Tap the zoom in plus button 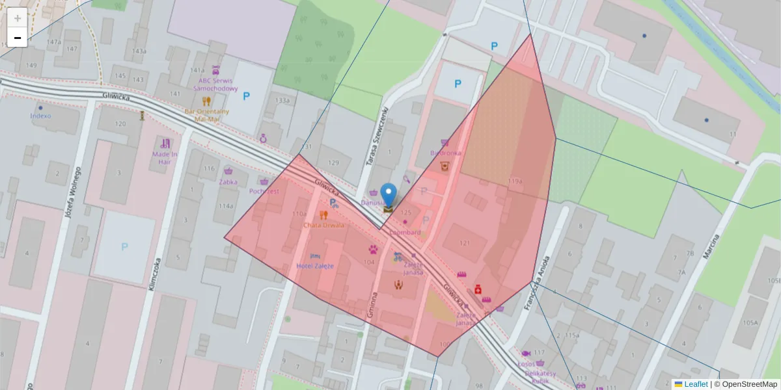coord(17,18)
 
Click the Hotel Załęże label coord(315,266)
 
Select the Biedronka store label coord(445,153)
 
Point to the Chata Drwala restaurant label coord(324,225)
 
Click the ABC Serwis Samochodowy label coord(218,84)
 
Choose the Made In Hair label coord(165,157)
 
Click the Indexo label coord(40,116)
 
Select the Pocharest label coord(264,191)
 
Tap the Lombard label coord(406,232)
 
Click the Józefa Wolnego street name coord(73,192)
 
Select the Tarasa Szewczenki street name coord(376,136)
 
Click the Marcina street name coord(712,246)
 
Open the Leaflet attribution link coord(696,384)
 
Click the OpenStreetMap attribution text coord(749,384)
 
